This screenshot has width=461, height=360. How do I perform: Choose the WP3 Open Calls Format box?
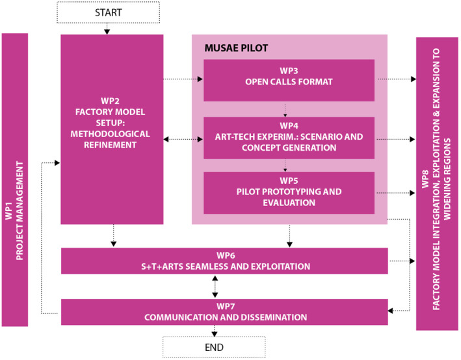click(x=289, y=80)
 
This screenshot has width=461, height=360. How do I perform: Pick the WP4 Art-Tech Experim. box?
click(x=289, y=138)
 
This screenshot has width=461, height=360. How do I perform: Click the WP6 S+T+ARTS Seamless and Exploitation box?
click(x=224, y=261)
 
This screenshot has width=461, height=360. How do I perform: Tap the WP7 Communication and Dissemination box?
click(x=224, y=311)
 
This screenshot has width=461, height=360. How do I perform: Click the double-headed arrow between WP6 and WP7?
click(x=215, y=287)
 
